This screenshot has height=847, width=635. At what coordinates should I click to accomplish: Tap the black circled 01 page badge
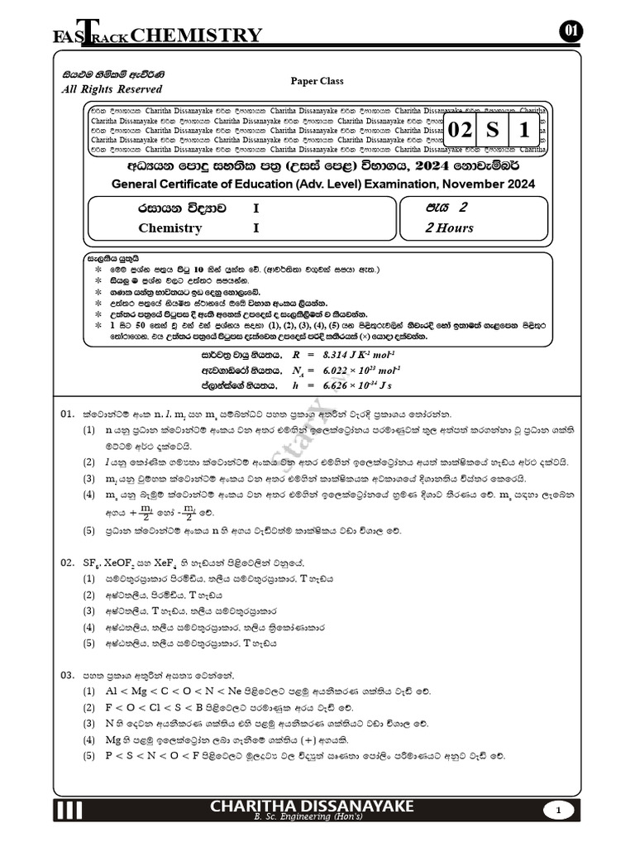coord(571,31)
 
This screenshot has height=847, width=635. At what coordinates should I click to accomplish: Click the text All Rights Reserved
coord(112,89)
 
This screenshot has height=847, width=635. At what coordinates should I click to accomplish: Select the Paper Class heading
coord(317,81)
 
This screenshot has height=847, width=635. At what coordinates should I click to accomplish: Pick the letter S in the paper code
coord(493,131)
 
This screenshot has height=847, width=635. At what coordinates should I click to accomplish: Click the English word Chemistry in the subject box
coord(169,228)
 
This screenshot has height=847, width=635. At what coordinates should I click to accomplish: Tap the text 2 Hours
coord(450,228)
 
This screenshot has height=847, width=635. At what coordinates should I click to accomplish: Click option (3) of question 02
coord(88,610)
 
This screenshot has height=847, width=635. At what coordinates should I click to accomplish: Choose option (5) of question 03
coord(88,756)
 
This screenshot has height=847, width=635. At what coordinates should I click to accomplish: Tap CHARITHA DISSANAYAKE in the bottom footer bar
coord(313,806)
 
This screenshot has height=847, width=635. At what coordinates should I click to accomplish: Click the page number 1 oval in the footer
coord(559,811)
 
